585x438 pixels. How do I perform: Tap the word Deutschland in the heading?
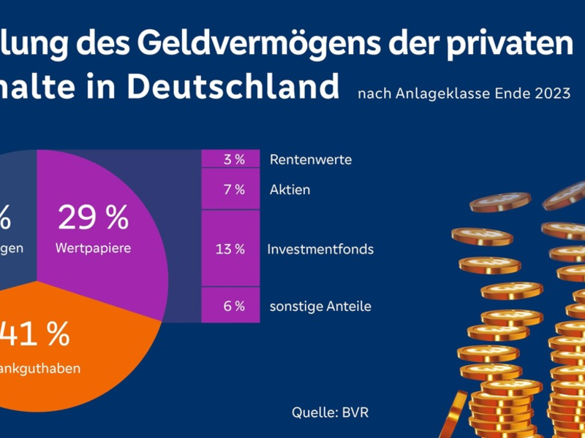233,87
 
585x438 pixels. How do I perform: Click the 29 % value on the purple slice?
93,218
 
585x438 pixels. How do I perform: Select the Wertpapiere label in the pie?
93,248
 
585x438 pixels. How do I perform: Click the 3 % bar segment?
231,159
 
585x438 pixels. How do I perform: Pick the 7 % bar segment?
231,189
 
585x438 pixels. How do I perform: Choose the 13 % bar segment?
231,249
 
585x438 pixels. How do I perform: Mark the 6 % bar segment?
231,306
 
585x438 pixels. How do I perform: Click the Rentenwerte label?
310,160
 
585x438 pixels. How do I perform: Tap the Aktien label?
290,190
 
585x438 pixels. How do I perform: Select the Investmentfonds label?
320,249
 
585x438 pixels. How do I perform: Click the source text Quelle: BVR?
331,412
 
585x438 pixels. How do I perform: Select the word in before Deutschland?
103,87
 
